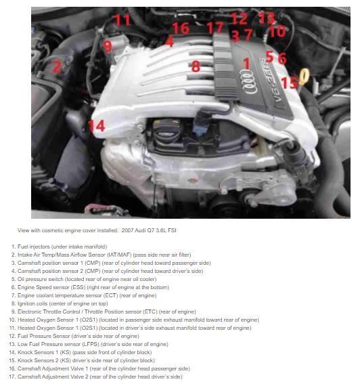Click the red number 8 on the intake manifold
point(195,66)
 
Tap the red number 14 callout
point(97,125)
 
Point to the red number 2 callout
point(58,66)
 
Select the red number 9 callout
point(107,46)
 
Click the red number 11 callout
point(122,20)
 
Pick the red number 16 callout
point(180,28)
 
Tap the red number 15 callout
point(288,83)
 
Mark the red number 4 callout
point(169,41)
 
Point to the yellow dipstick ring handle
point(304,77)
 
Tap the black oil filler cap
point(166,129)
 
